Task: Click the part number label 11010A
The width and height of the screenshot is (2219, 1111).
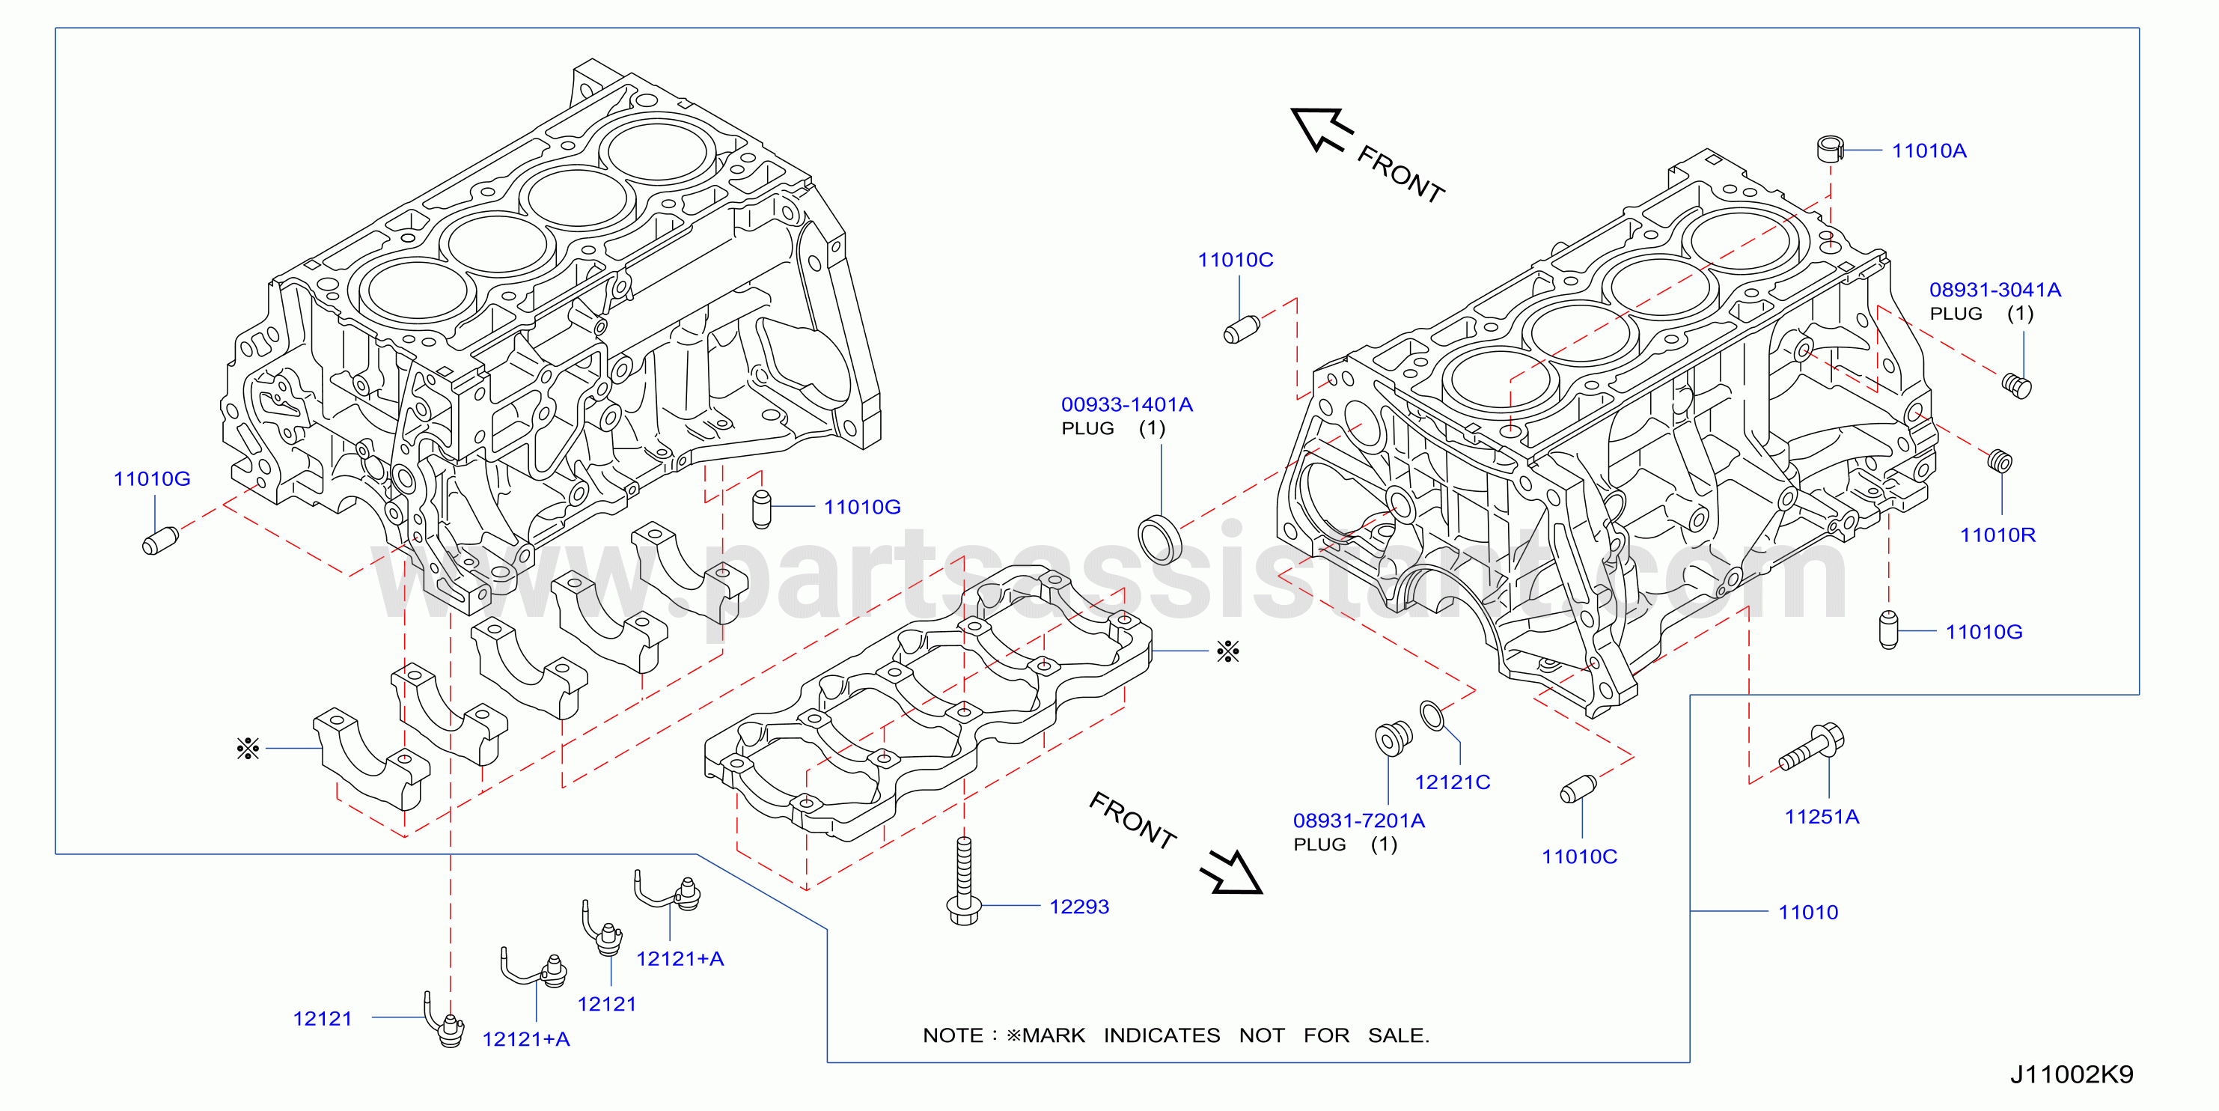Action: [1929, 150]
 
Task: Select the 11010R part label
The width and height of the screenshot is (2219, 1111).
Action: [1997, 535]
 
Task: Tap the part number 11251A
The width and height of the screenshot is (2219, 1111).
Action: [1822, 817]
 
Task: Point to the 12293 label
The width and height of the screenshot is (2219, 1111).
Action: [1078, 907]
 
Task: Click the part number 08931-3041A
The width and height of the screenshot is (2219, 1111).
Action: [1995, 290]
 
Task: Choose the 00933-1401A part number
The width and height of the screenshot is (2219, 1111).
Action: [1127, 404]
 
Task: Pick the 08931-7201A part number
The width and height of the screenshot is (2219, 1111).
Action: [1358, 821]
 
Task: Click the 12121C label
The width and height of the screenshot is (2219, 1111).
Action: [1453, 782]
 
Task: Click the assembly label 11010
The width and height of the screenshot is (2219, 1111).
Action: [1808, 913]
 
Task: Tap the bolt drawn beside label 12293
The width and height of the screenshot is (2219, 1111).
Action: [964, 881]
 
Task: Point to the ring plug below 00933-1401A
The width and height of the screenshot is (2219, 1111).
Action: [1159, 539]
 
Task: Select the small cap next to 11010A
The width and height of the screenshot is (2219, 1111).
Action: [1830, 149]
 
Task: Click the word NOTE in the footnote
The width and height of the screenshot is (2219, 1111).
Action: [952, 1035]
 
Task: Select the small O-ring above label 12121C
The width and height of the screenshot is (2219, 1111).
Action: [1432, 716]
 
